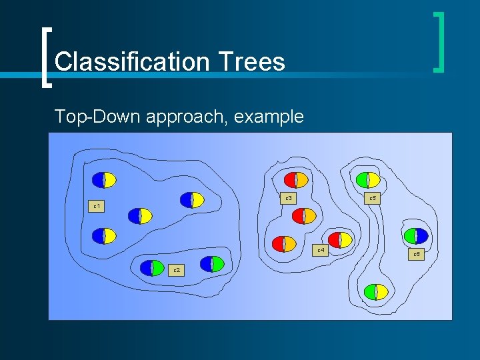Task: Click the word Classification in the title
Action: click(x=131, y=62)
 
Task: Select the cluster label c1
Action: click(x=97, y=206)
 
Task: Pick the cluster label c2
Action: click(x=177, y=270)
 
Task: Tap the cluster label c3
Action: click(x=289, y=198)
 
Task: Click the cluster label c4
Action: click(x=321, y=250)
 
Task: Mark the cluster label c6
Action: click(x=416, y=254)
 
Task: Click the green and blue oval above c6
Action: click(x=416, y=235)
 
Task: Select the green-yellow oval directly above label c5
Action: click(x=368, y=179)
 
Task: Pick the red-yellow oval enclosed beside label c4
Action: click(x=341, y=240)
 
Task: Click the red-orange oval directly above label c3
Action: click(x=296, y=179)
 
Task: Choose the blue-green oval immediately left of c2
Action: click(x=152, y=268)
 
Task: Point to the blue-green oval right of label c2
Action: click(x=212, y=263)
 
